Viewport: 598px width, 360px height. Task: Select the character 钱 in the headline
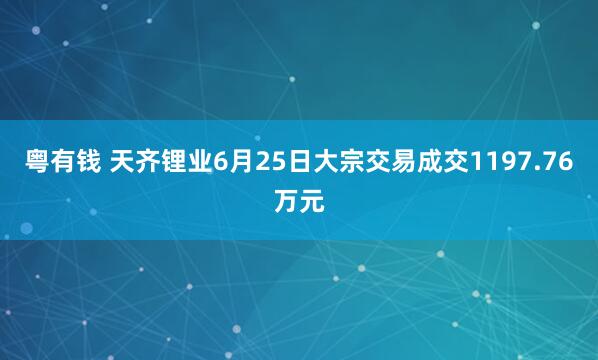(x=90, y=165)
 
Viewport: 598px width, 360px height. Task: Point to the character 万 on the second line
(x=286, y=201)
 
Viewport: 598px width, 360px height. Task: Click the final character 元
(x=312, y=201)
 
